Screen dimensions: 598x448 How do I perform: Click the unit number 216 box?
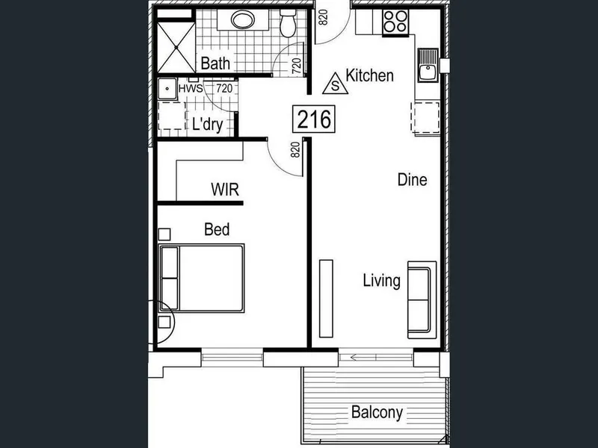313,119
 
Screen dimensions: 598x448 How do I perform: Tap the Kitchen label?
369,75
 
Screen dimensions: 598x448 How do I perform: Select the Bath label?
215,63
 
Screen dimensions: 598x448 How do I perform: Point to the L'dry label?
208,124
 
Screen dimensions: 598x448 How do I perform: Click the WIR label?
225,190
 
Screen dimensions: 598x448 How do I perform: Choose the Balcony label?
377,413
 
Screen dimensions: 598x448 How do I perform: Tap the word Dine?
413,180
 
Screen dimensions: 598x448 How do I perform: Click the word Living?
382,281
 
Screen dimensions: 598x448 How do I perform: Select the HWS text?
191,89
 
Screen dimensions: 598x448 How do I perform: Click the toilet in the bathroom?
288,23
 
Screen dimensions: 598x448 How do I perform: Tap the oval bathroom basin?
242,19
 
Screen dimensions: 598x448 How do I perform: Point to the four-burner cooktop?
395,22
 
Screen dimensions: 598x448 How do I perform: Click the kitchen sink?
428,65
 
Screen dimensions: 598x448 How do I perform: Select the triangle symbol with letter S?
335,84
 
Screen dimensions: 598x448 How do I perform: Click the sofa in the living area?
422,300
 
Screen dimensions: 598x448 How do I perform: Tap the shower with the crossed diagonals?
176,47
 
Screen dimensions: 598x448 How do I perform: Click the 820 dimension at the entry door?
323,17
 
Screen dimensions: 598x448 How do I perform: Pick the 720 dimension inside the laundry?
224,89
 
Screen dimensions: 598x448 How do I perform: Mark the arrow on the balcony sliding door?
363,358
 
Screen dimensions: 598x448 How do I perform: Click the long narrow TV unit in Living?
326,299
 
